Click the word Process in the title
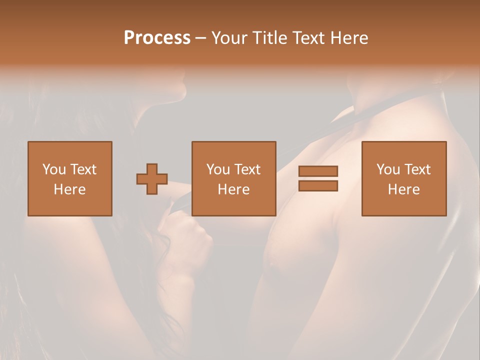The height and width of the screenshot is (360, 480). [157, 38]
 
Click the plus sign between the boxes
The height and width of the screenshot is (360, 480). [152, 179]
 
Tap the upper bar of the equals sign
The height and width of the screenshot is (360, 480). [318, 171]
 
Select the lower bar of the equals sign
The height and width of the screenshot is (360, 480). [318, 186]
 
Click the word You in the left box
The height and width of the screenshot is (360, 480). [53, 169]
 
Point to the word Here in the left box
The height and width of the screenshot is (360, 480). [69, 189]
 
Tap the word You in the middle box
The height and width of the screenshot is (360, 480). [218, 169]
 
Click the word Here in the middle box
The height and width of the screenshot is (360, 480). [234, 189]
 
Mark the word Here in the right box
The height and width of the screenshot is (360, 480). [404, 189]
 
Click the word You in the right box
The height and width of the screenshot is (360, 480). [388, 169]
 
